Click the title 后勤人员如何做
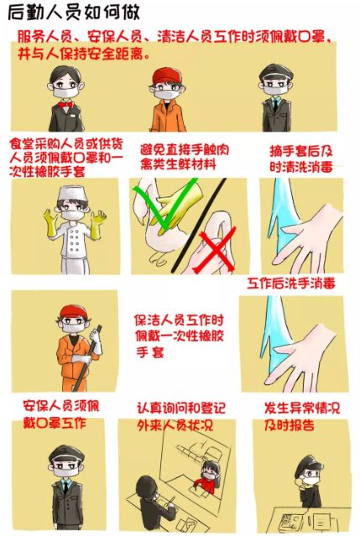pos(74,13)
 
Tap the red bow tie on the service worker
pos(65,104)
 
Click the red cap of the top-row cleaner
pos(166,76)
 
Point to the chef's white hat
pos(71,194)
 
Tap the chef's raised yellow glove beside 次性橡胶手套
pos(52,223)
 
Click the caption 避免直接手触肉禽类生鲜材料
pos(185,158)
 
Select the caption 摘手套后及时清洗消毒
pos(301,159)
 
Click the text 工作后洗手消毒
pos(291,284)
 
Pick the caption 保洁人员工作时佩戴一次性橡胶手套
pos(179,336)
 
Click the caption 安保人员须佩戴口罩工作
pos(60,414)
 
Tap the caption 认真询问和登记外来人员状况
pos(181,416)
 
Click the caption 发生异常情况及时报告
pos(302,416)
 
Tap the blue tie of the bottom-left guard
pos(66,487)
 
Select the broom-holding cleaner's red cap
pos(74,311)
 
